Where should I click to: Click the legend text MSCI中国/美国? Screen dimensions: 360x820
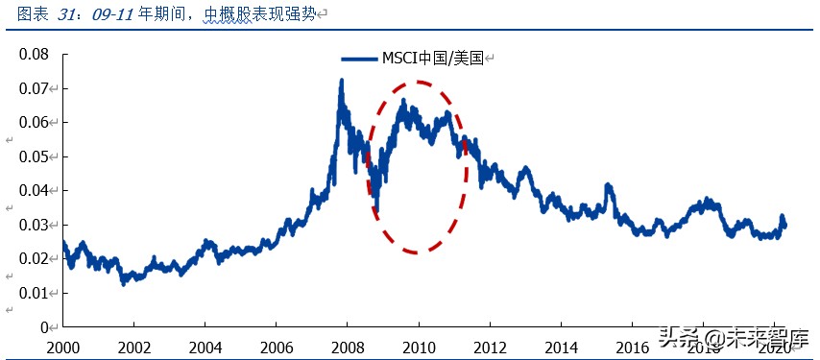click(434, 59)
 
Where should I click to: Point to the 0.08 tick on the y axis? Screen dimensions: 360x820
click(35, 54)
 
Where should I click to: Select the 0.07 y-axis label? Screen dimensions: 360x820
click(35, 88)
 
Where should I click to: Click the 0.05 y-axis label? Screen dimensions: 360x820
click(35, 156)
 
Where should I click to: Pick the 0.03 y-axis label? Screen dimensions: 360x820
click(35, 225)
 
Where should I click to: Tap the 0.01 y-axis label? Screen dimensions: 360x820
click(35, 293)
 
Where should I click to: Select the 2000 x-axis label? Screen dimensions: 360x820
click(62, 347)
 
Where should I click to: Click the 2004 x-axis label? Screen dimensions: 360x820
click(205, 347)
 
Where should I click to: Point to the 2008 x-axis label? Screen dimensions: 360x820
click(347, 347)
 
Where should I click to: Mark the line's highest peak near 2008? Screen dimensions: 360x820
click(341, 82)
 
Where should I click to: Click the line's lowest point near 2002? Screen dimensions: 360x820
click(123, 283)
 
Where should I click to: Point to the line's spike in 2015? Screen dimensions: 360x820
click(607, 185)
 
